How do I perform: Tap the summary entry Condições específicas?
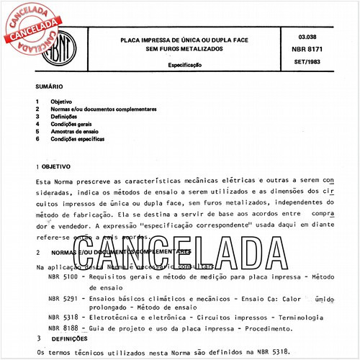[x=78, y=138]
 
